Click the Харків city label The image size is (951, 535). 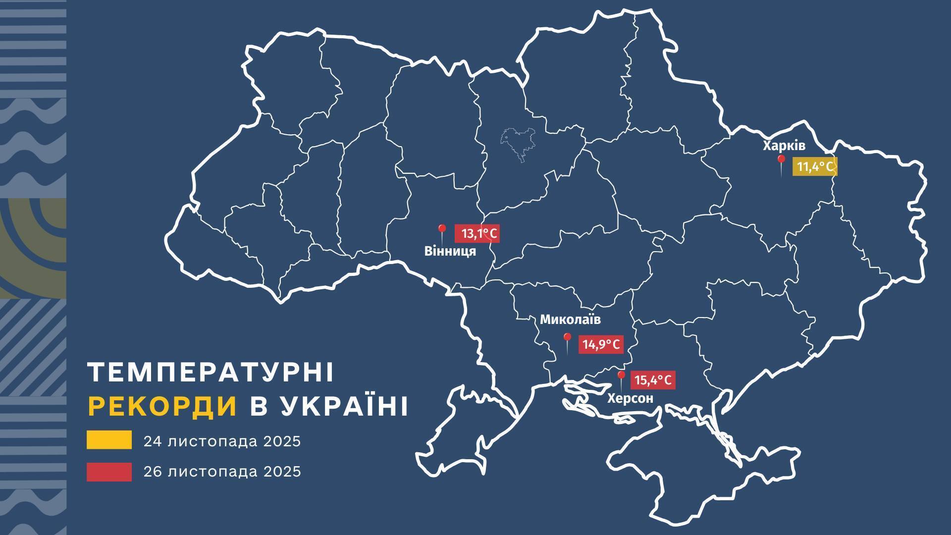[784, 146]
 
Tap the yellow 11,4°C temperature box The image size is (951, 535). [815, 167]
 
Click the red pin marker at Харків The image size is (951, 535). [781, 160]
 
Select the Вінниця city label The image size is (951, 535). [450, 251]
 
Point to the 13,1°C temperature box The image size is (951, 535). [477, 233]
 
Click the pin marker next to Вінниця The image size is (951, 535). [442, 230]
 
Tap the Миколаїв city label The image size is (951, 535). [570, 320]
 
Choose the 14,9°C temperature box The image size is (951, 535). [601, 344]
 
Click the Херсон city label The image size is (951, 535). [630, 398]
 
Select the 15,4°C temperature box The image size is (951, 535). [653, 380]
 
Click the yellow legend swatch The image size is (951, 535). [109, 440]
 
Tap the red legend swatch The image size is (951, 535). [109, 472]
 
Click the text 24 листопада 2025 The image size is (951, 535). [222, 441]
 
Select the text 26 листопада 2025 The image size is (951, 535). [222, 472]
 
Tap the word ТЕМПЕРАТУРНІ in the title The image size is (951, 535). [211, 373]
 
